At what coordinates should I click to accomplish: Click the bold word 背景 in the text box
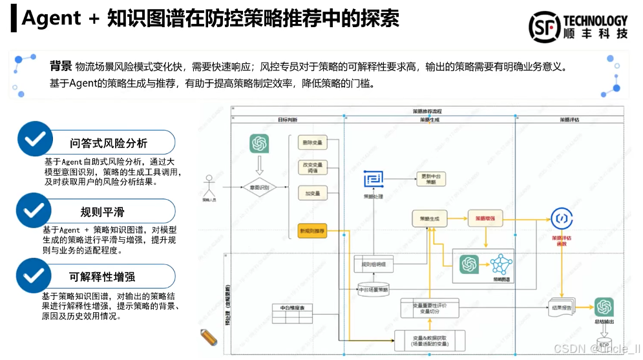pyautogui.click(x=61, y=67)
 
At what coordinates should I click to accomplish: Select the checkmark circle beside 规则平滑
pyautogui.click(x=34, y=210)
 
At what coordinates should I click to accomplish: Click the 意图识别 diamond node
pyautogui.click(x=259, y=187)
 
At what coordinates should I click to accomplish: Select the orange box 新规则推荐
pyautogui.click(x=312, y=231)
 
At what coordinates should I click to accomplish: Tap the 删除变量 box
pyautogui.click(x=312, y=142)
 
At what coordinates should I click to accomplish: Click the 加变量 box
pyautogui.click(x=312, y=193)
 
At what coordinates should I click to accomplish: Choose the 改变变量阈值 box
pyautogui.click(x=312, y=168)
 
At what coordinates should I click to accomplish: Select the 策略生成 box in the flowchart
pyautogui.click(x=429, y=219)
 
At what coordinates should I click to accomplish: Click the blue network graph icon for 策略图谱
pyautogui.click(x=500, y=265)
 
